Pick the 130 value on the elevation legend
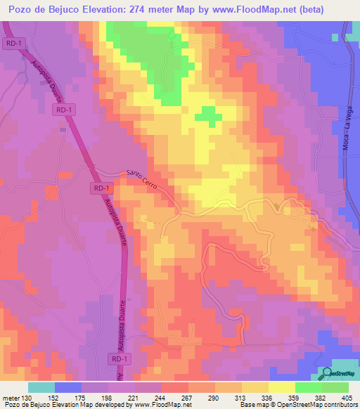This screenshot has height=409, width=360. pos(27,398)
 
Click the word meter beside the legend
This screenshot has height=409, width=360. pos(11,398)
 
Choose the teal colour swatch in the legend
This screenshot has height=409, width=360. pos(41,387)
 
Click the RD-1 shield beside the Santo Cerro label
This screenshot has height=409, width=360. pos(101,188)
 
